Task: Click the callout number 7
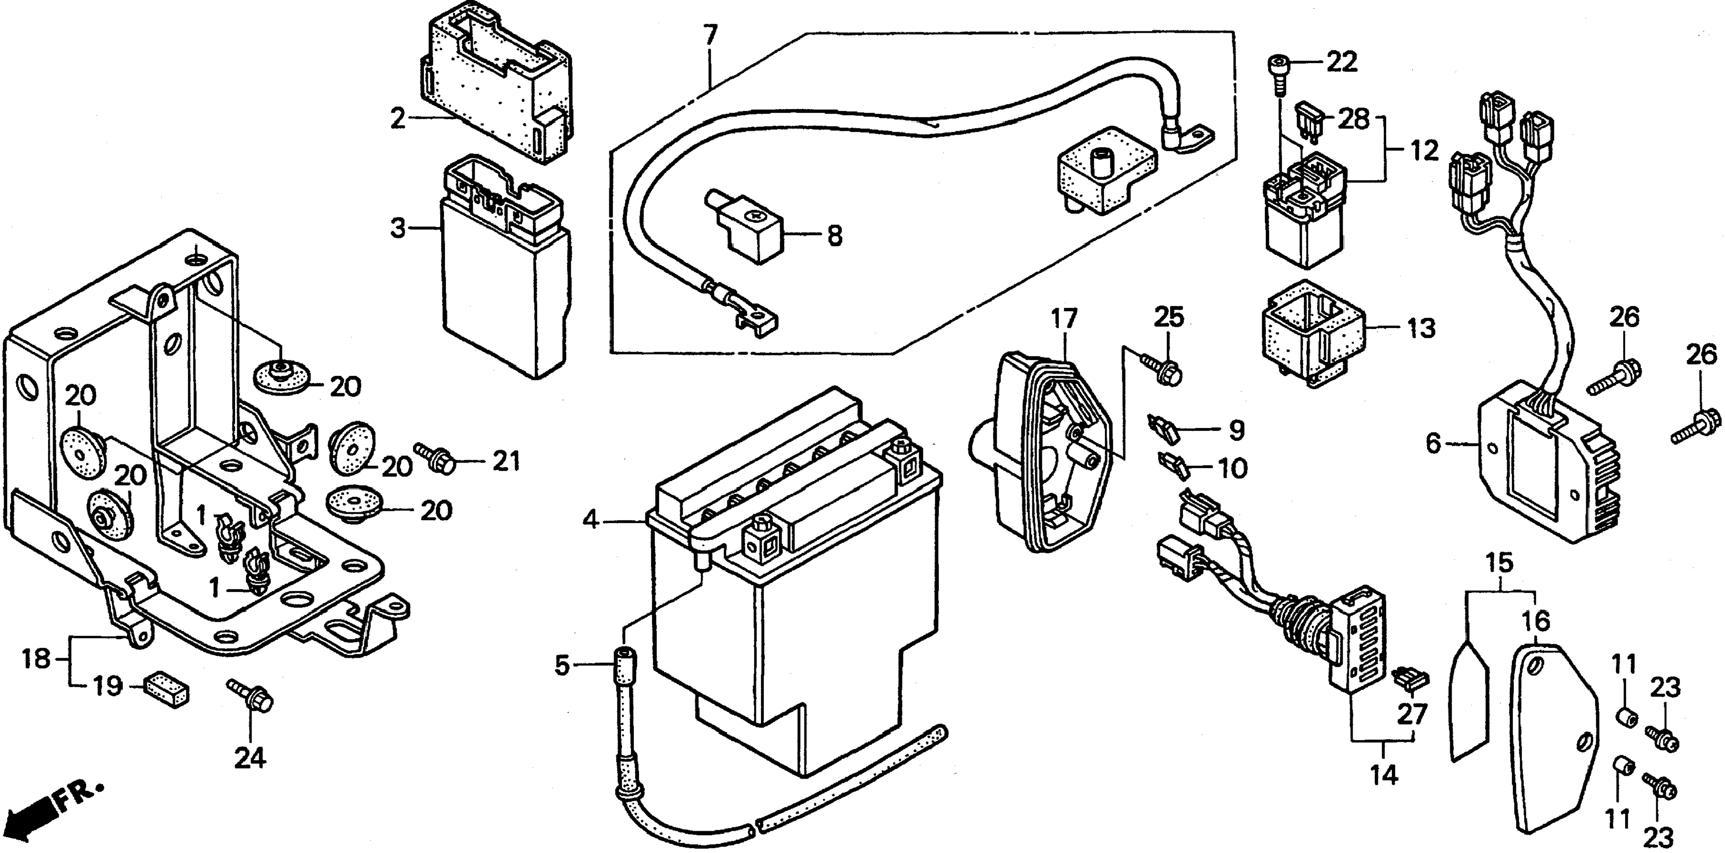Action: coord(710,35)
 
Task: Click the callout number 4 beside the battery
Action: coord(589,520)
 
